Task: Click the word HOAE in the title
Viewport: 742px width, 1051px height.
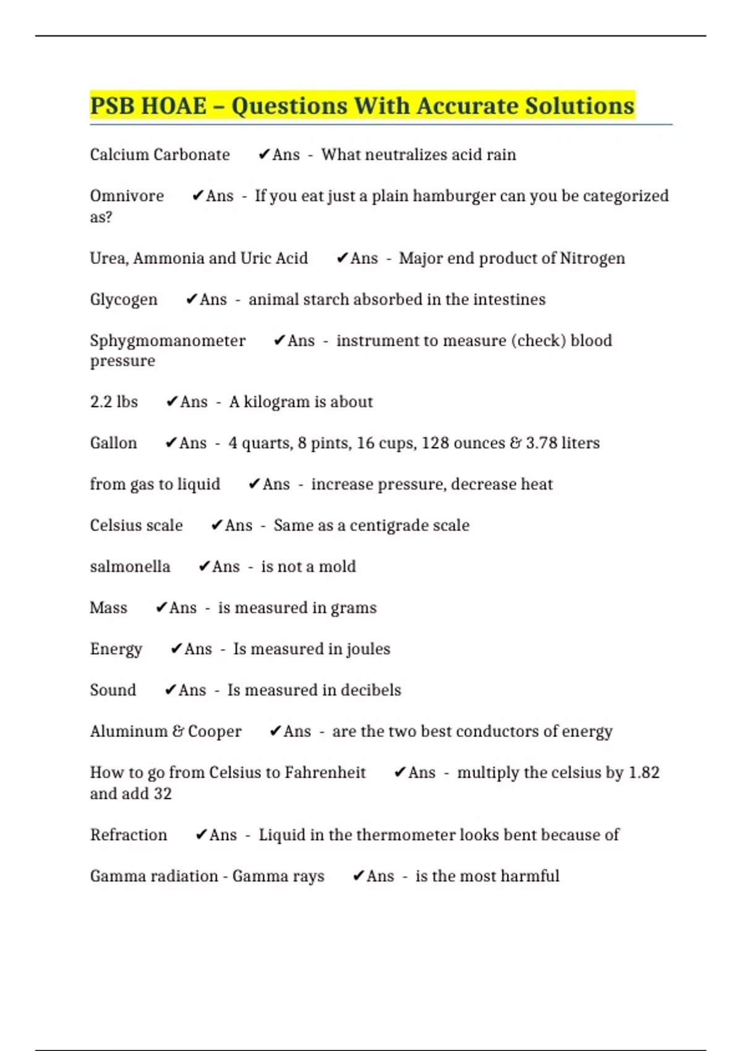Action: (174, 106)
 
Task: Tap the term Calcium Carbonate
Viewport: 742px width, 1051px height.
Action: (160, 155)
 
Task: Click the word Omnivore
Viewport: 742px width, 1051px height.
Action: (127, 196)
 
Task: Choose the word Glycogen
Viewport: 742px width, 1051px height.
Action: (124, 300)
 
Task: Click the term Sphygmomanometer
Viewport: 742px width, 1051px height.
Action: (168, 341)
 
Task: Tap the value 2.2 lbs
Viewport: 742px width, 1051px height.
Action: (114, 402)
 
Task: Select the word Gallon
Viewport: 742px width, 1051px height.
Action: (113, 443)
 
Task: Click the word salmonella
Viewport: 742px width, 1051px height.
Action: (130, 567)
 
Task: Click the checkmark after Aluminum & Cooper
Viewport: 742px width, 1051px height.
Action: (275, 731)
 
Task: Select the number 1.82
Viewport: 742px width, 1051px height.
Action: (644, 773)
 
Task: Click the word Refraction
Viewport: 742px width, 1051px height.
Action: (129, 835)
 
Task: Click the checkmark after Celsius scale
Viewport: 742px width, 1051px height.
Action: (216, 525)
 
